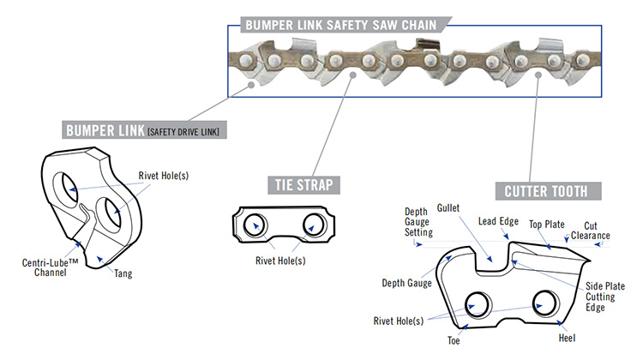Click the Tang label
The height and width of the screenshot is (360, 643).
124,274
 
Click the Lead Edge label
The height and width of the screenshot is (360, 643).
497,221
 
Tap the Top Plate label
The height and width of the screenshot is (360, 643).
546,224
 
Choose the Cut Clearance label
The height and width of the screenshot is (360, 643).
591,230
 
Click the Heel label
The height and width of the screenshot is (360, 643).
567,325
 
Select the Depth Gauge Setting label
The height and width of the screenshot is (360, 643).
418,220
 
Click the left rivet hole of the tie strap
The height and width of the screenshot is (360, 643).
255,225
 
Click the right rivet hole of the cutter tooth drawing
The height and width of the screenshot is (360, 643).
542,301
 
